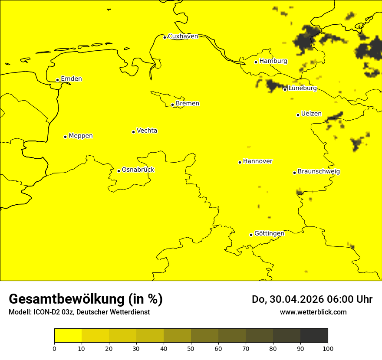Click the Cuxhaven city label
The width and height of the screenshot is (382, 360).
click(x=183, y=36)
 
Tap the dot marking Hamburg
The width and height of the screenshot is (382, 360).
click(x=256, y=62)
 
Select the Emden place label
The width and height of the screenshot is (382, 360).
click(x=71, y=79)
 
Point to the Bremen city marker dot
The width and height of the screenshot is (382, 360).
click(x=172, y=105)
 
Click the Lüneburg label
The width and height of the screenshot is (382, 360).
click(x=303, y=88)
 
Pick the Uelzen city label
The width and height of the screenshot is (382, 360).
click(x=311, y=114)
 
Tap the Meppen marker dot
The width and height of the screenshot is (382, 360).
click(x=65, y=137)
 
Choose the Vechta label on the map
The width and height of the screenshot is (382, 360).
click(x=147, y=131)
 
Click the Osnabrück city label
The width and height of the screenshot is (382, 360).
click(x=138, y=170)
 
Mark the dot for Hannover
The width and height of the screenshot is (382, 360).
click(x=240, y=162)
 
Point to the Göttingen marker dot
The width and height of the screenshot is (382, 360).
click(x=251, y=235)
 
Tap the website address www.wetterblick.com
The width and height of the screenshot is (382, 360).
click(x=313, y=312)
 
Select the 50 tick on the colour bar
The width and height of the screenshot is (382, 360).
click(x=191, y=348)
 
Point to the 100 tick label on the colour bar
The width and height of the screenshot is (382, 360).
click(x=328, y=348)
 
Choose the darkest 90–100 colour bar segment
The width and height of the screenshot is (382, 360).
click(x=314, y=336)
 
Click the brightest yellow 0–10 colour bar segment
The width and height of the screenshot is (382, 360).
click(x=68, y=336)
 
